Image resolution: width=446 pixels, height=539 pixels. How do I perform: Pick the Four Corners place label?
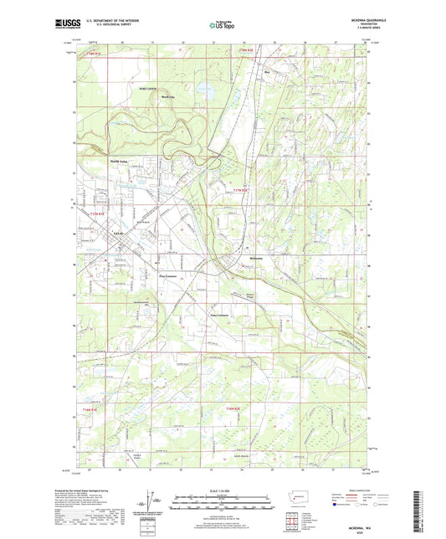[219, 315]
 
